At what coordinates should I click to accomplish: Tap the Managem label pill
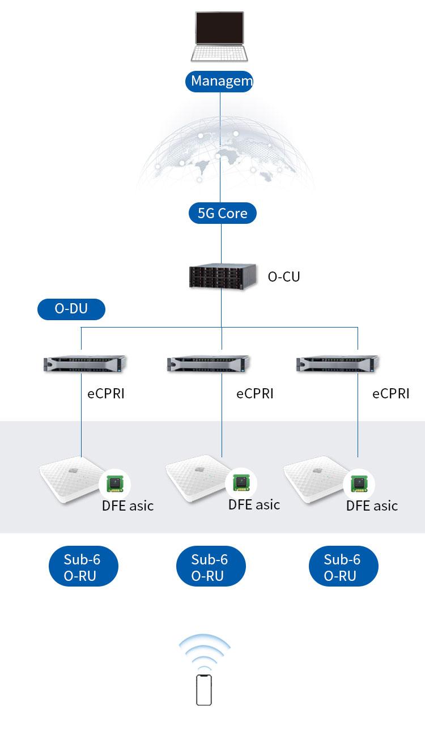(220, 81)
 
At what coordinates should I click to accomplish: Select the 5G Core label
(222, 213)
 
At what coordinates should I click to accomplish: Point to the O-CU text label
(283, 277)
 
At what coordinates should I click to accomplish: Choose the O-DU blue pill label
(71, 309)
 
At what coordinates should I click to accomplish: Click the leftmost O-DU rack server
(85, 363)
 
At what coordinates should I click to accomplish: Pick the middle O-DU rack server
(208, 363)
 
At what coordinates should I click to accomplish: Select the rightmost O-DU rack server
(337, 363)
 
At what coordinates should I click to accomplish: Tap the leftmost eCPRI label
(106, 393)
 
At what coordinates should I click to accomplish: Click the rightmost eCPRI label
(390, 393)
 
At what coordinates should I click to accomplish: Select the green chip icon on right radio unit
(359, 483)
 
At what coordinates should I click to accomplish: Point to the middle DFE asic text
(254, 504)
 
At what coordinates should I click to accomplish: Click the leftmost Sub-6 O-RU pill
(82, 567)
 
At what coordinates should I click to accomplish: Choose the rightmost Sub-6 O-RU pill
(342, 567)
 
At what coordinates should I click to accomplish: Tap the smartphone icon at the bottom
(204, 690)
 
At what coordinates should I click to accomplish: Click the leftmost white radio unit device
(69, 479)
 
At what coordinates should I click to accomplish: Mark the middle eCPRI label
(255, 393)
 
